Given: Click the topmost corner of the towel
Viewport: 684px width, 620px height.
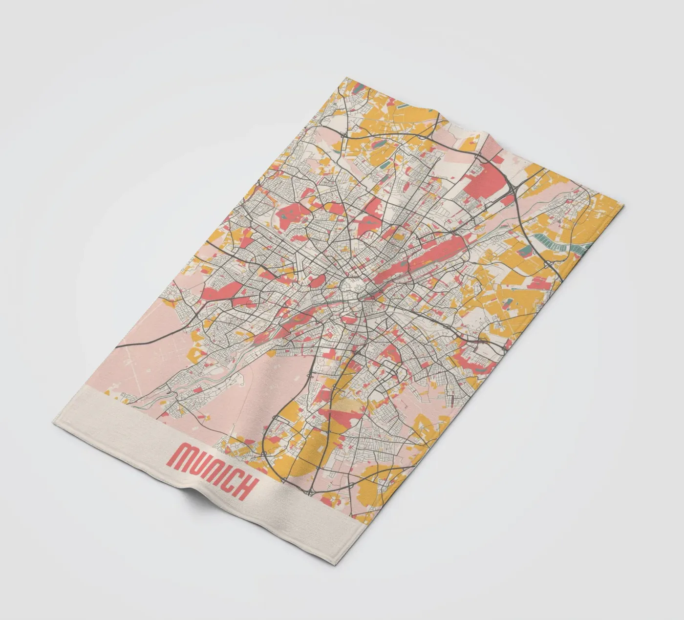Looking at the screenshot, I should [346, 77].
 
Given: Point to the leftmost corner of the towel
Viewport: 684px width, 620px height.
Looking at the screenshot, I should [52, 421].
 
